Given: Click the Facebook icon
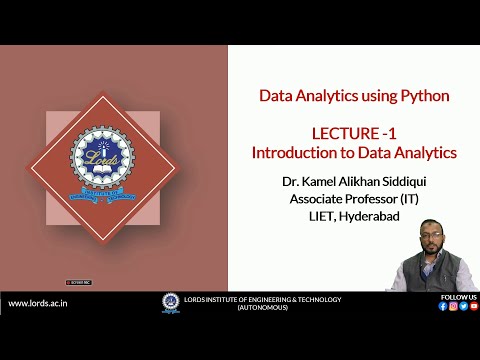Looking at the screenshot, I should click(443, 306).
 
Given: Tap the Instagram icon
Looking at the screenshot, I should click(453, 306).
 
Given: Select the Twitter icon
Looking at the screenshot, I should click(463, 306).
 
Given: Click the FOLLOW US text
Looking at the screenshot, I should click(458, 297).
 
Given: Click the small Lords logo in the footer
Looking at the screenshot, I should click(168, 303).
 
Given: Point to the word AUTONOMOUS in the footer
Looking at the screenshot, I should click(262, 307).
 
